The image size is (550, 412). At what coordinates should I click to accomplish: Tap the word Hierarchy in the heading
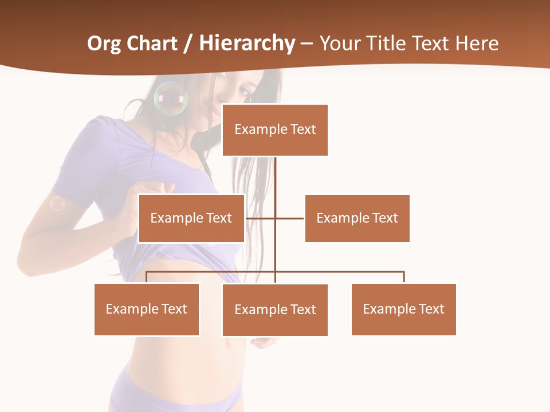(x=247, y=43)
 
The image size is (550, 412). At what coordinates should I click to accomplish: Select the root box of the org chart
(x=275, y=130)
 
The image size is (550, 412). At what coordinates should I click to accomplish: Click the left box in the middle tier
(x=191, y=219)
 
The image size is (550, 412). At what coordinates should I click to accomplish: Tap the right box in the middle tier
(x=357, y=219)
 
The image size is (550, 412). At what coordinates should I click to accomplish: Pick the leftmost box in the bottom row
(x=147, y=310)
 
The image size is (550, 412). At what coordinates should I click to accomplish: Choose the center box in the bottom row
(x=275, y=310)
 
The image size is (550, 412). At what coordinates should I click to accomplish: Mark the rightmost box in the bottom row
(x=404, y=310)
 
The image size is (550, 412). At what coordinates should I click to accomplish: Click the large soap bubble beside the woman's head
(x=171, y=98)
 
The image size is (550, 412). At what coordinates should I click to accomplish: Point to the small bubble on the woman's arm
(x=57, y=203)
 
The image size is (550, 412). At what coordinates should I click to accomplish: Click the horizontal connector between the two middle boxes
(x=289, y=218)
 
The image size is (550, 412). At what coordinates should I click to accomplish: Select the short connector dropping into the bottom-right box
(x=404, y=278)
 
